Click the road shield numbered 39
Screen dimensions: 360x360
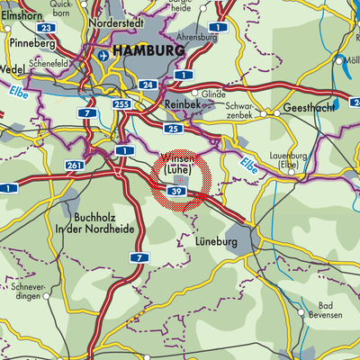pos(176,192)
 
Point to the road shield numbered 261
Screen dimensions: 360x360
pos(73,166)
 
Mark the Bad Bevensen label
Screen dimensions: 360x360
pos(322,311)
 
